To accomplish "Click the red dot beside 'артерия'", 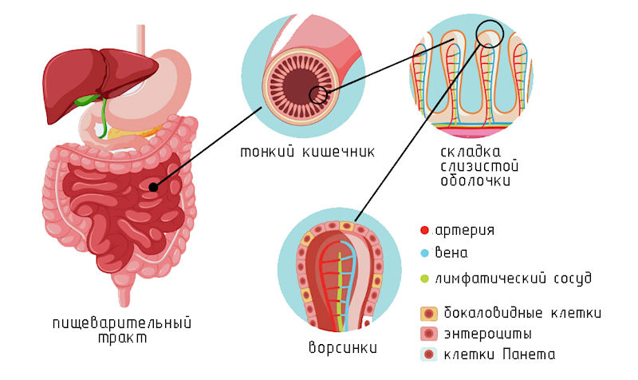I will tap(425, 231).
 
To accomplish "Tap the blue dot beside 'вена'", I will tap(425, 254).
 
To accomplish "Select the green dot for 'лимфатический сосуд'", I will tap(425, 279).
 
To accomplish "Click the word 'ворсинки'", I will tap(342, 350).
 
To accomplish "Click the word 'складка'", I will tap(471, 152).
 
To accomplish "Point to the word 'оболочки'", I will tap(476, 181).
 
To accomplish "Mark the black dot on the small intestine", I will tap(152, 187).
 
